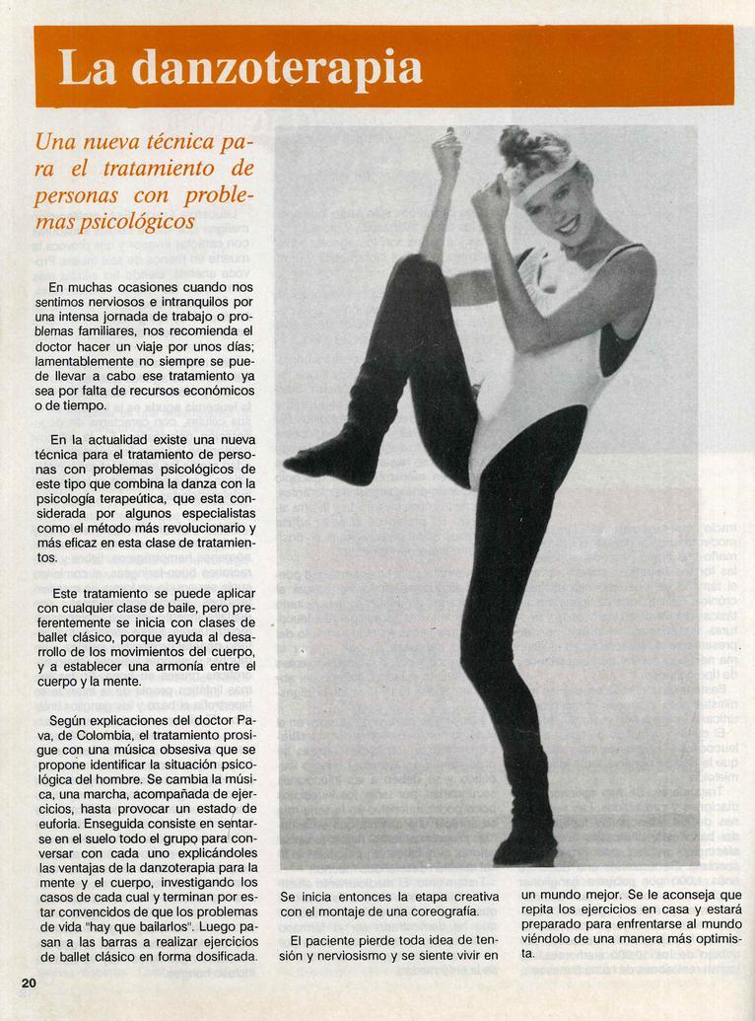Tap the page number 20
(29, 982)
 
